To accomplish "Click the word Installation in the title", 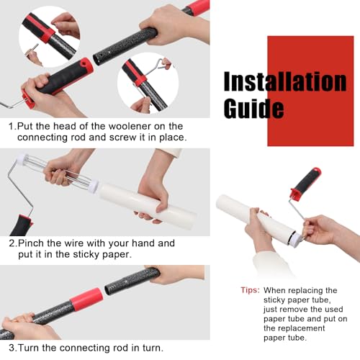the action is point(285,81).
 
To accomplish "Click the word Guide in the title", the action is point(253,108).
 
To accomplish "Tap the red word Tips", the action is point(251,290).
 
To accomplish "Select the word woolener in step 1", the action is point(130,126).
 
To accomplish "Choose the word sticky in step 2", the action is point(86,255).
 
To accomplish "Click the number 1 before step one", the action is point(11,127).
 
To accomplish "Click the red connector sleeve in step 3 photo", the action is point(86,299).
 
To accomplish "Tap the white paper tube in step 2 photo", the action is point(147,203).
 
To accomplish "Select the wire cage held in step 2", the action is point(58,171).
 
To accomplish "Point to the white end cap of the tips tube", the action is point(294,238).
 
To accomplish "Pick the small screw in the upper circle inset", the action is point(34,48).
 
